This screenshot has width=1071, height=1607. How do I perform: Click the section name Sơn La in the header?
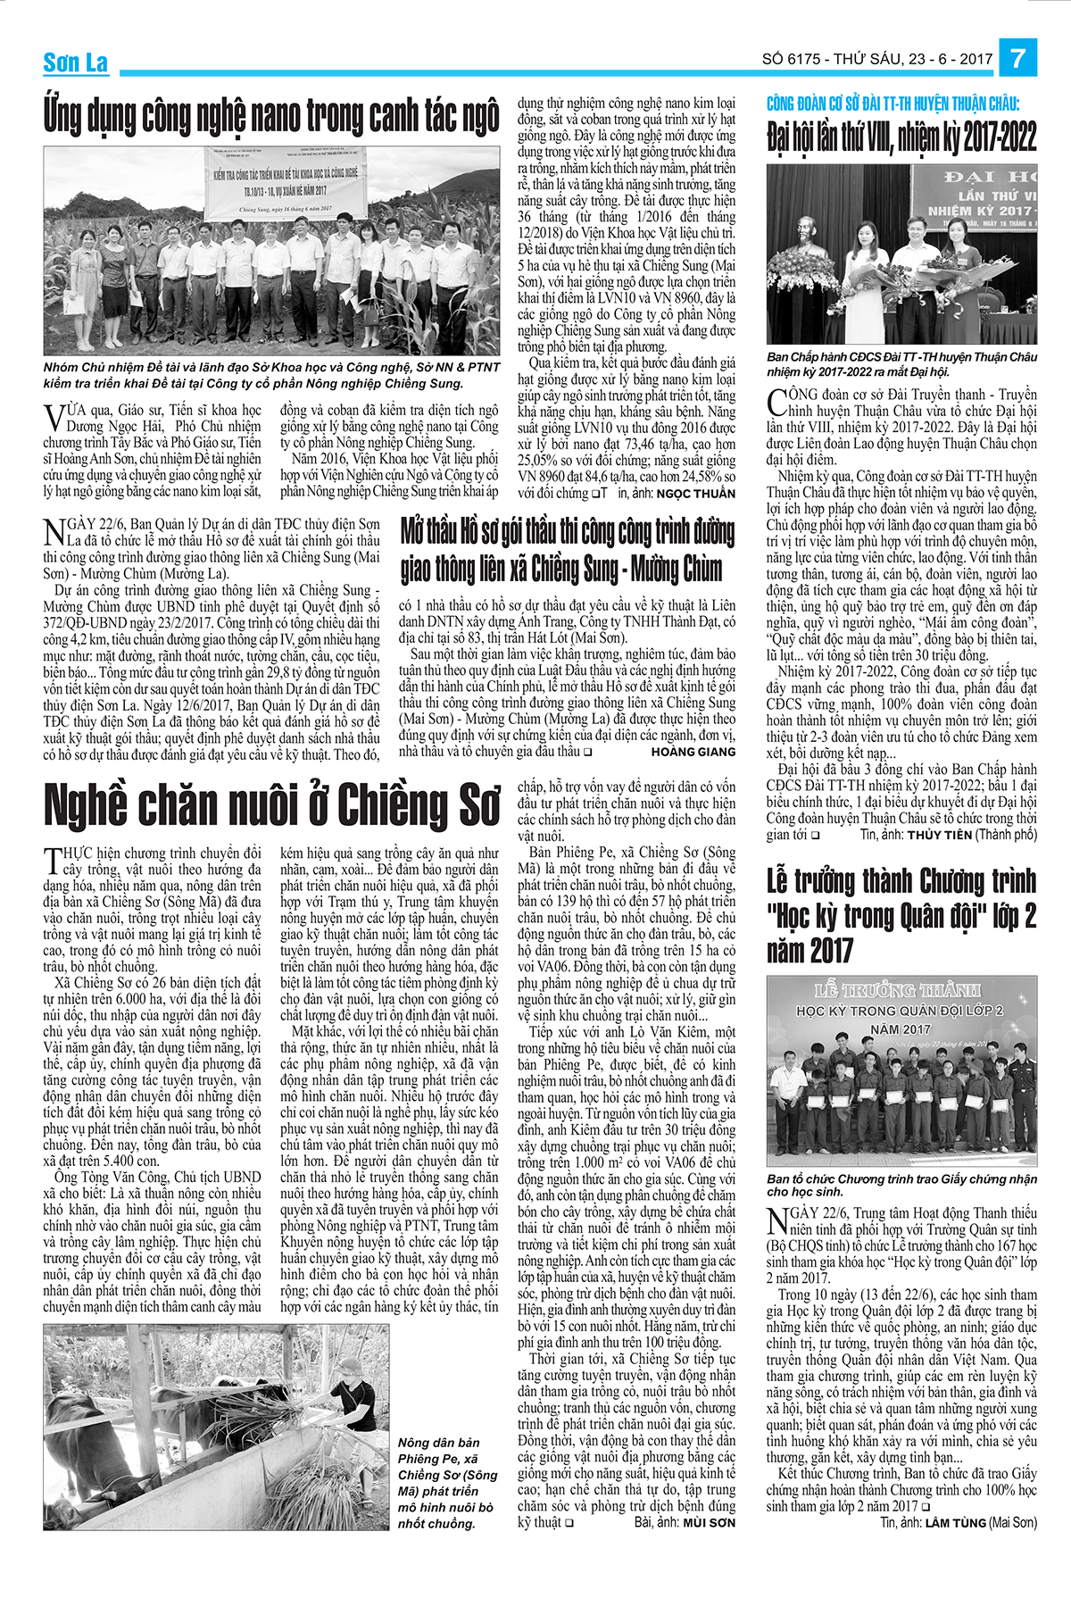point(75,62)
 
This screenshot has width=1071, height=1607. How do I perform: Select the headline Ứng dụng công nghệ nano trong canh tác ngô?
point(271,117)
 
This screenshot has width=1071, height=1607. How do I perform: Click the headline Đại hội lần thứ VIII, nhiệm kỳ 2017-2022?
point(901,138)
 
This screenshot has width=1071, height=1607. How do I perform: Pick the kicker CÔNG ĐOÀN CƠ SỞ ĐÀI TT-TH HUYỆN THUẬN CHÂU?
point(892,104)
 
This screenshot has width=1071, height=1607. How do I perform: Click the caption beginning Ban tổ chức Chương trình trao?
point(901,1185)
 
